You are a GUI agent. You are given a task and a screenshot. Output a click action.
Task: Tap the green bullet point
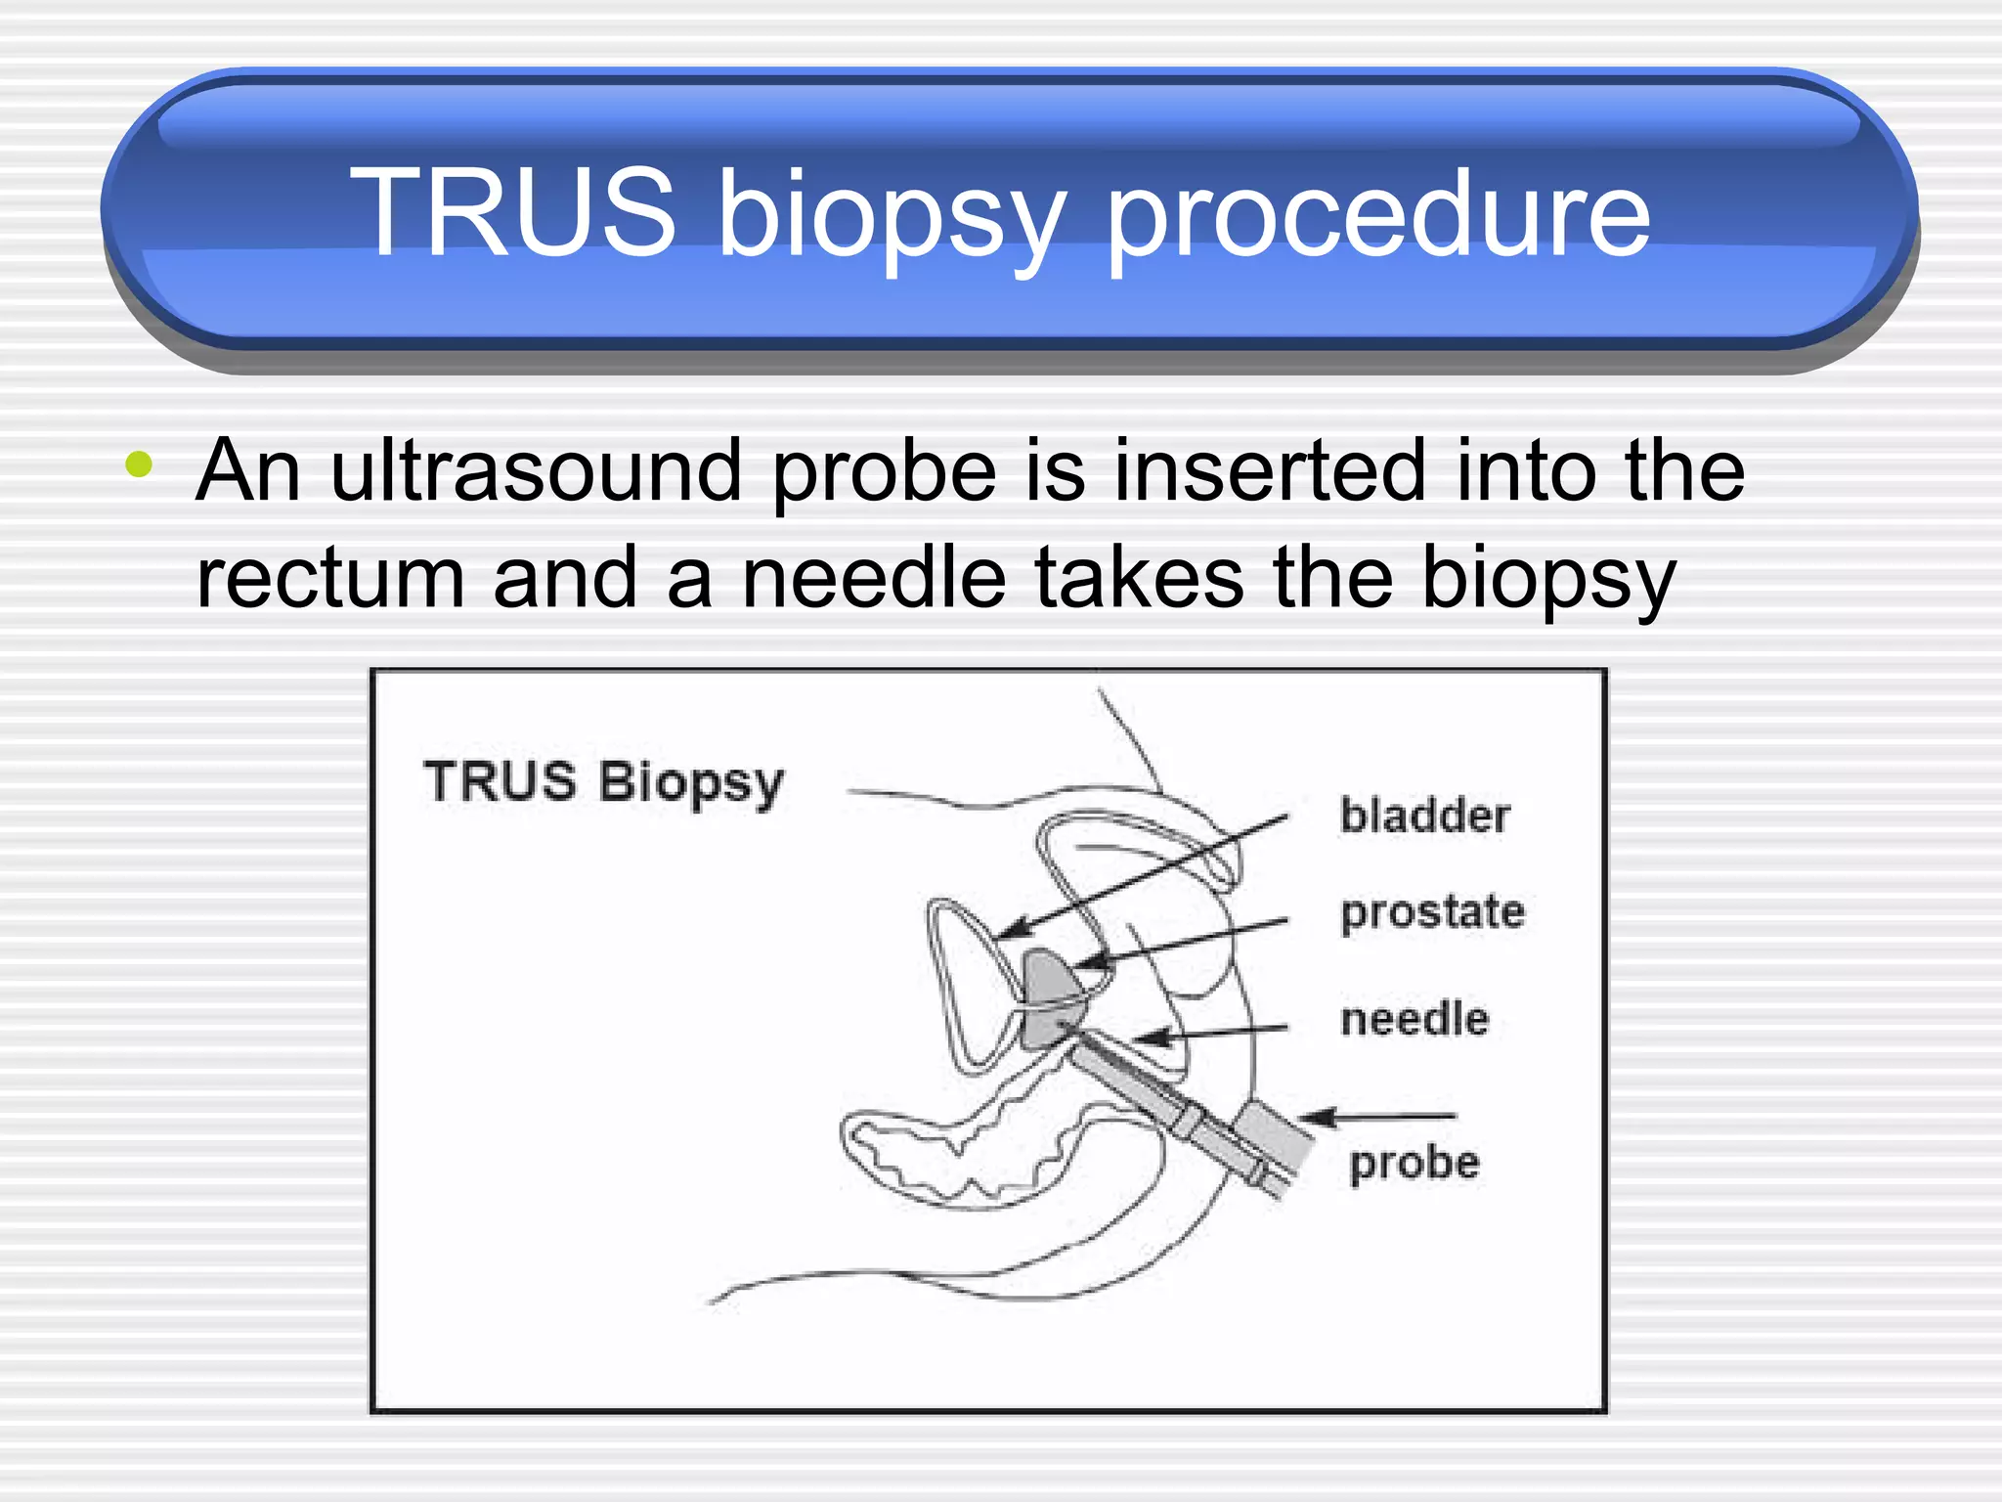point(140,465)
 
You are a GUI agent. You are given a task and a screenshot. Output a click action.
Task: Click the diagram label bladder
point(1424,816)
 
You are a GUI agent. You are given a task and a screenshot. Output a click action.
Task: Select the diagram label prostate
point(1431,911)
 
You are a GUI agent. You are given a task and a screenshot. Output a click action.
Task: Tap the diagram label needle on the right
point(1414,1019)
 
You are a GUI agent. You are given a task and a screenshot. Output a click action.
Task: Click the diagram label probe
point(1414,1163)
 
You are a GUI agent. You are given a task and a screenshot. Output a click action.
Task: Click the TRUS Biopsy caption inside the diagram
point(603,782)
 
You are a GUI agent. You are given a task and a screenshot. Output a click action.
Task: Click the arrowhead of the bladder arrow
point(1013,928)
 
